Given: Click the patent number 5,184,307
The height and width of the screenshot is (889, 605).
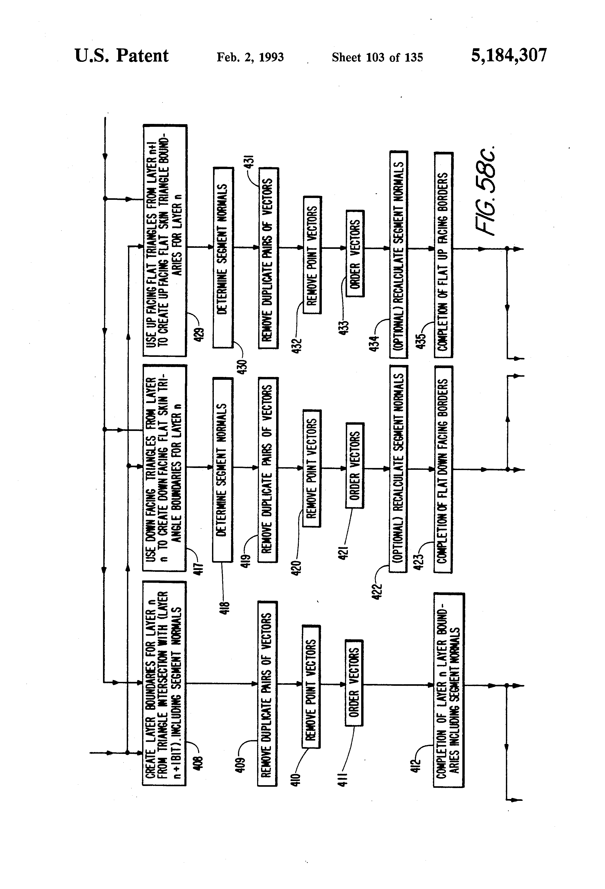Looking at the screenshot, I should pos(509,56).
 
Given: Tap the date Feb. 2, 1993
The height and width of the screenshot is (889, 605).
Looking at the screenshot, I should pos(250,57).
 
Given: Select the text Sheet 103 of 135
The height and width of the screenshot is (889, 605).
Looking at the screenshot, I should pos(377,57).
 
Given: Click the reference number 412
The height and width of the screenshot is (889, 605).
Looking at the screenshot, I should pos(416,765).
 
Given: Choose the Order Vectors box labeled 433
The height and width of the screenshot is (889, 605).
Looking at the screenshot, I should pos(355,254).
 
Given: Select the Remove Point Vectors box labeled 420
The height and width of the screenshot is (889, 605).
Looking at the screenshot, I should pos(312,468).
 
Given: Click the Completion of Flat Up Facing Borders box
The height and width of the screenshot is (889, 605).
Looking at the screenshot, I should pos(444,255).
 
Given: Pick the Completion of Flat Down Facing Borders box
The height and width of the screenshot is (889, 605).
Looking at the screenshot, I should pos(443,469).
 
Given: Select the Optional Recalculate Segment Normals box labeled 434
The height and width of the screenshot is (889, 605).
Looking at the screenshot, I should pos(398,254).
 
